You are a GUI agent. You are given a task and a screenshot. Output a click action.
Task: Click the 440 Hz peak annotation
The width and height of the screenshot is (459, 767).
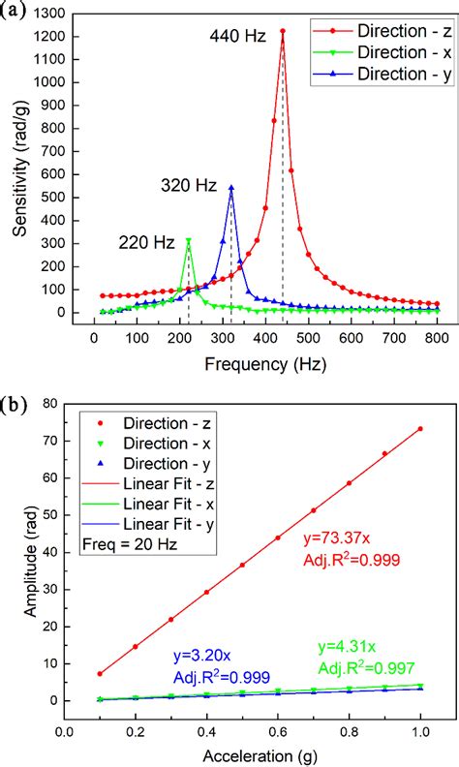[x=238, y=37]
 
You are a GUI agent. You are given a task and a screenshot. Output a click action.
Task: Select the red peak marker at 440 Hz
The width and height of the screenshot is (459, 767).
[x=283, y=31]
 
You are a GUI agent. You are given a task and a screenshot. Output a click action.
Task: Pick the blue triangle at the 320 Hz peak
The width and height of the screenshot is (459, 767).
[x=230, y=188]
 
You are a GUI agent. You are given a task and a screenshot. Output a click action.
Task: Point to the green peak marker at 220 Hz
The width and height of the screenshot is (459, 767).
[x=188, y=240]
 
